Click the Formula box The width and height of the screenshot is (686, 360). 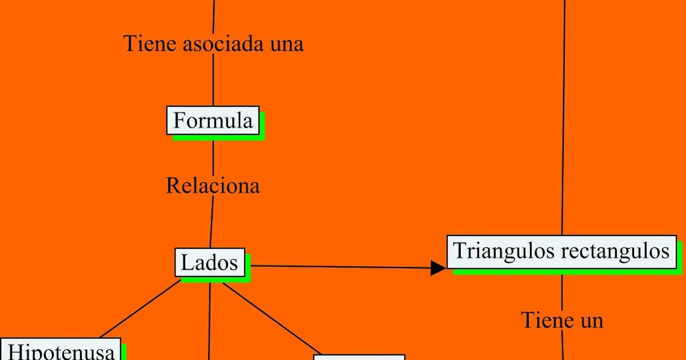(x=213, y=121)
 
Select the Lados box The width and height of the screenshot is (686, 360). (x=209, y=262)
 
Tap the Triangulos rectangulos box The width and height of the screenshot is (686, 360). (x=561, y=251)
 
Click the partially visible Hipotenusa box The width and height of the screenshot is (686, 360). (x=61, y=350)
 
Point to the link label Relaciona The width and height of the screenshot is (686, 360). (x=213, y=186)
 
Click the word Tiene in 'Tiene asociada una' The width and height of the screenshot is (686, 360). (x=143, y=43)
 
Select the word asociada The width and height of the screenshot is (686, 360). (x=217, y=43)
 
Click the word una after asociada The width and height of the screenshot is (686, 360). (x=286, y=43)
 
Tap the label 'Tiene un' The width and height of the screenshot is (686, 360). (x=562, y=320)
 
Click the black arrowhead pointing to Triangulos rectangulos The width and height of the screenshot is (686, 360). (x=438, y=267)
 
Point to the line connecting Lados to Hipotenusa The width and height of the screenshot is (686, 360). (x=141, y=309)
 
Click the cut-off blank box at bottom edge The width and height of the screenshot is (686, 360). (x=359, y=358)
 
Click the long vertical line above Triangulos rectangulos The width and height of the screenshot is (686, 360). (x=564, y=114)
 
